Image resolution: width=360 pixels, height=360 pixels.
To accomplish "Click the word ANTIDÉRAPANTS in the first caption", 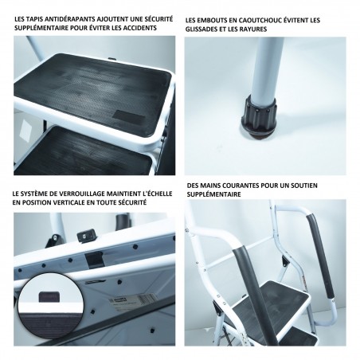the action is tap(68, 19).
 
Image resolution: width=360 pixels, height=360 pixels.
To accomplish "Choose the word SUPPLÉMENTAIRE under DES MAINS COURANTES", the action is tap(213, 194).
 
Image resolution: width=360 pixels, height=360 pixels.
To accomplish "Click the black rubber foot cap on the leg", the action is tap(260, 117).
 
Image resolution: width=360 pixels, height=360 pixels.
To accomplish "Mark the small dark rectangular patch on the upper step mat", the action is tap(129, 115).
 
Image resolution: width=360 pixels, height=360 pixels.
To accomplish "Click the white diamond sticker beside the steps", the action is tap(25, 130).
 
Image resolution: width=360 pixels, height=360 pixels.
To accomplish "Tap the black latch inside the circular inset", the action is tap(50, 296).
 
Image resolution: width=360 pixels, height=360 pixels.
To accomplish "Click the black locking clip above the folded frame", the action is tap(86, 235).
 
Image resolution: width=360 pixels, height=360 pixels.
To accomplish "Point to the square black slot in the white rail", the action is tap(93, 259).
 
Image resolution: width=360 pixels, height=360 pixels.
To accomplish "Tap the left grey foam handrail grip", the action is tap(254, 295).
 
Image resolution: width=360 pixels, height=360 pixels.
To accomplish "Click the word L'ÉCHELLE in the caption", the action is tap(158, 194).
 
